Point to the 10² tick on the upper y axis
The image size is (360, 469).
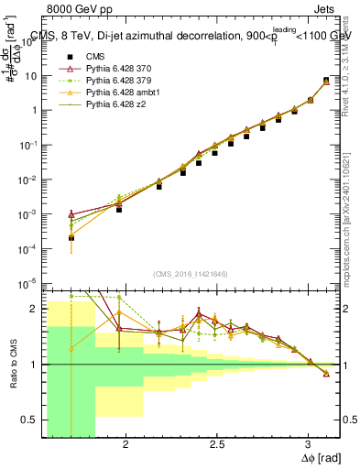[x=32, y=40]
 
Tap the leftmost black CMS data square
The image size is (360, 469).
[x=71, y=238]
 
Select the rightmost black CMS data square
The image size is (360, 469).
[x=326, y=81]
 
